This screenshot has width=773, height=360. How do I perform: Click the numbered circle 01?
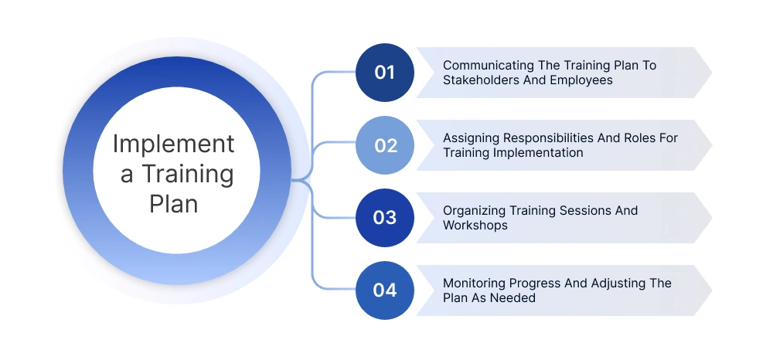coord(385,73)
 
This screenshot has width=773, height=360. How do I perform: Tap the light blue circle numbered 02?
coord(385,145)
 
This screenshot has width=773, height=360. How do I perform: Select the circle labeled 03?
coord(385,218)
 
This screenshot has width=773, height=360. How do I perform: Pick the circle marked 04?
coord(385,290)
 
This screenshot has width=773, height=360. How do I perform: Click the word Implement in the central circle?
coord(173,144)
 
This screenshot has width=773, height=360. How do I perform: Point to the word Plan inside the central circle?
coord(174,205)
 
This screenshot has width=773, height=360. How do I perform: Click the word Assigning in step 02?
coord(471,138)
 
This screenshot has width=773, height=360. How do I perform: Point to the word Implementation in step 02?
coord(539,152)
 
